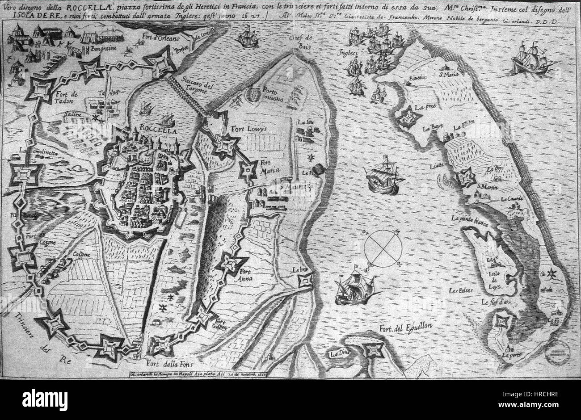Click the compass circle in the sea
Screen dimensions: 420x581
point(383,247)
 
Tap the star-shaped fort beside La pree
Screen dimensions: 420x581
point(408,117)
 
